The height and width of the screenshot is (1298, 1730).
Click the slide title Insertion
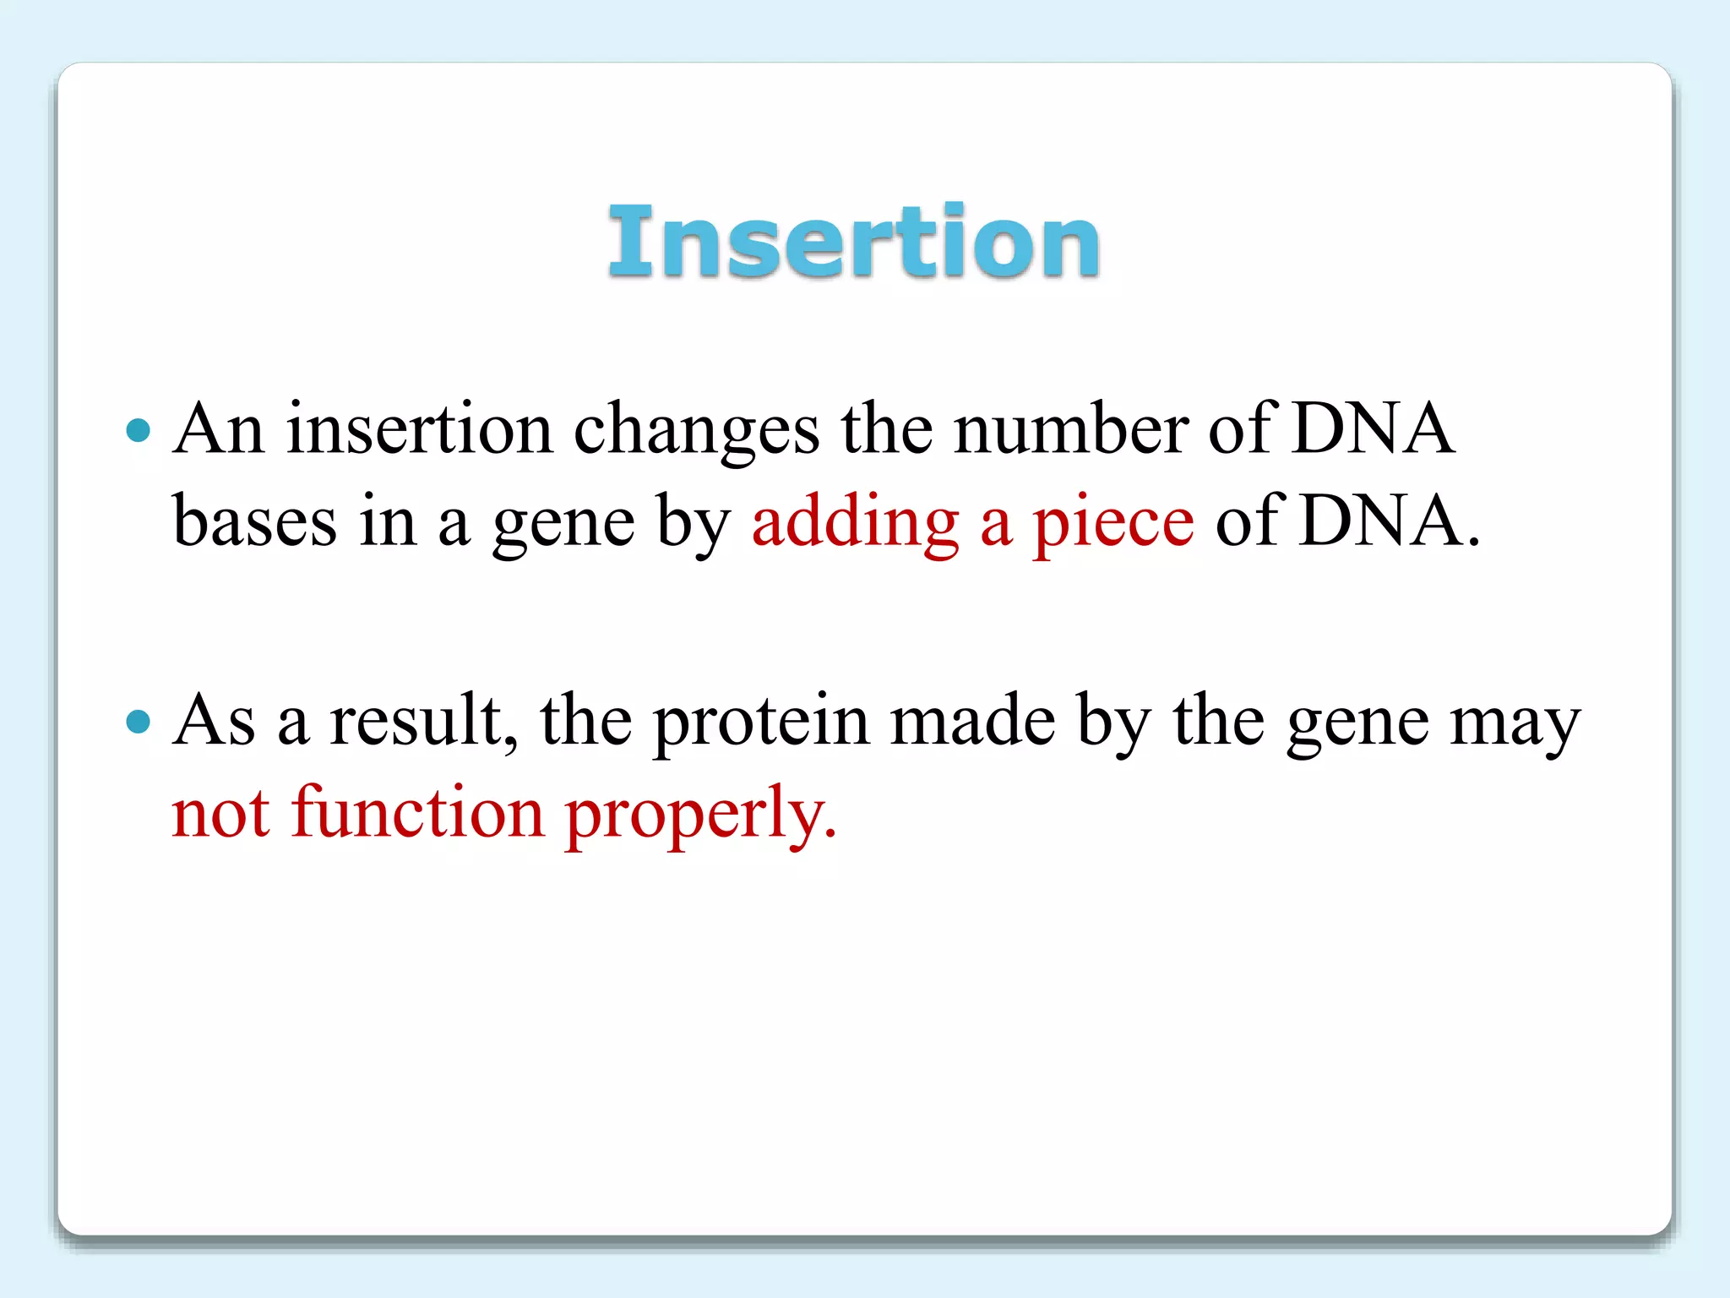tap(853, 242)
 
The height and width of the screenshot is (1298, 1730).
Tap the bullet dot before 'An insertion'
tap(138, 431)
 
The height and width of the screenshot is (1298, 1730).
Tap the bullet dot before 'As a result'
tap(138, 723)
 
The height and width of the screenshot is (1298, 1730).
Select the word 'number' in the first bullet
tap(1069, 429)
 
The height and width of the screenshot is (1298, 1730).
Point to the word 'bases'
tap(254, 522)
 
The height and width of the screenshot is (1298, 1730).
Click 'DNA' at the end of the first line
tap(1373, 429)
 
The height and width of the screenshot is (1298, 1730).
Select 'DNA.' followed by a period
tap(1390, 522)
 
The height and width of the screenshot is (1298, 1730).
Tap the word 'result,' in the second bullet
tap(423, 721)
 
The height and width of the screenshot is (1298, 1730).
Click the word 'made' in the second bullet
tap(972, 721)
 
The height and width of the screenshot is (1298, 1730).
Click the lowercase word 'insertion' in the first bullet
tap(419, 429)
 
